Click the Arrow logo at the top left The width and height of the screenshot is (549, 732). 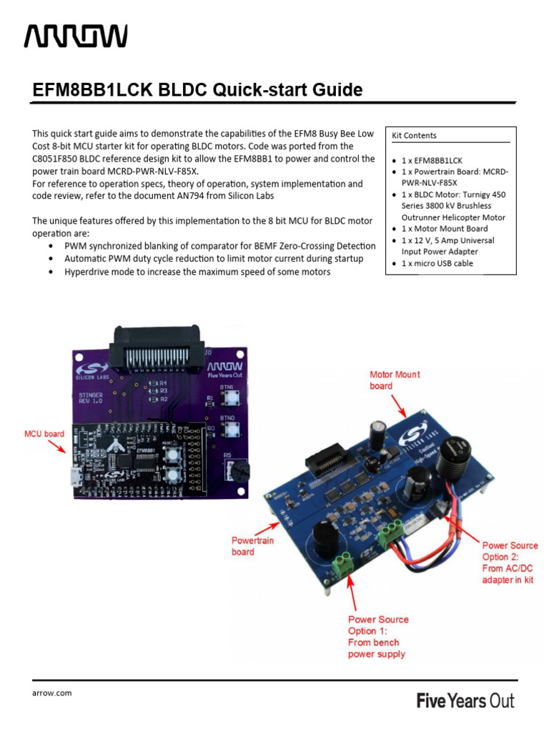click(x=76, y=36)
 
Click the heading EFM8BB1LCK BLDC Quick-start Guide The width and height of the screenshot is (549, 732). click(x=198, y=90)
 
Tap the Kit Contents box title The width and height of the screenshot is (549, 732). click(x=414, y=135)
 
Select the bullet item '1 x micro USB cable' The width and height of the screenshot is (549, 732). click(x=436, y=264)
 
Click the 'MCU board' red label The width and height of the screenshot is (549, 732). click(x=44, y=433)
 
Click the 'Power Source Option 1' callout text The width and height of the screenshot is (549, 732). click(x=378, y=636)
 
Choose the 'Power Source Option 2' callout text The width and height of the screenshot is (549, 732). click(x=510, y=563)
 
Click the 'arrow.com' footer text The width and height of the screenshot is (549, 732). click(x=51, y=693)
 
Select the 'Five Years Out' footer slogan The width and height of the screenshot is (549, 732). click(x=465, y=701)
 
